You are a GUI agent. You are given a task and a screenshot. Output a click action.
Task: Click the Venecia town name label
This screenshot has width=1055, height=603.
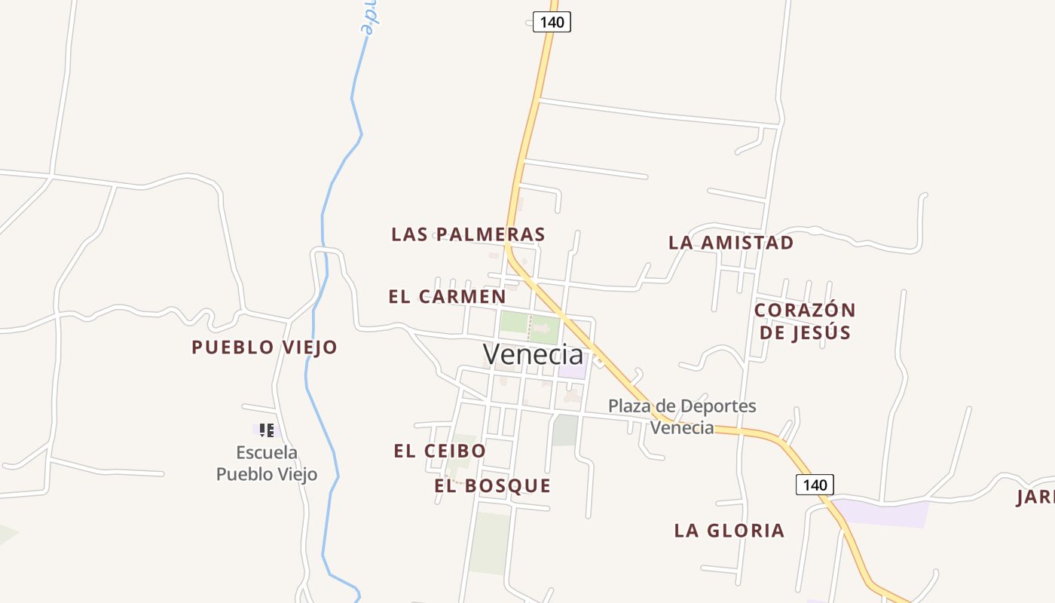pyautogui.click(x=533, y=354)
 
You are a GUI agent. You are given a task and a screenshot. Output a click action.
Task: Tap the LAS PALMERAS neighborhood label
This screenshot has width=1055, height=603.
pyautogui.click(x=468, y=234)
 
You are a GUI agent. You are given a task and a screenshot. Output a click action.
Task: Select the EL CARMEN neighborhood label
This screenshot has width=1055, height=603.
pyautogui.click(x=447, y=297)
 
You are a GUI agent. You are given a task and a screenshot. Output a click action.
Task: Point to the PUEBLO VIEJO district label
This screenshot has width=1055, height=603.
pyautogui.click(x=264, y=347)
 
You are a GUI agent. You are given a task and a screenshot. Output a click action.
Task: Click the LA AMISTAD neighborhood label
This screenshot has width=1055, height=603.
pyautogui.click(x=731, y=243)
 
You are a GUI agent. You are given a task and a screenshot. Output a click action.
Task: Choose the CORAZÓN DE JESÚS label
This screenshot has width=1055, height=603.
pyautogui.click(x=805, y=321)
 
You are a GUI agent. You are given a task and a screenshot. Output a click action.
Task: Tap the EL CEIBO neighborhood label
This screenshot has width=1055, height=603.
pyautogui.click(x=439, y=451)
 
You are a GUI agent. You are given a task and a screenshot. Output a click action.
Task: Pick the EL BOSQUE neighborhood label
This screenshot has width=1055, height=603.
pyautogui.click(x=492, y=486)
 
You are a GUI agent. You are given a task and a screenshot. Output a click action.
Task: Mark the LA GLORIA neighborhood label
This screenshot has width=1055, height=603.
pyautogui.click(x=729, y=531)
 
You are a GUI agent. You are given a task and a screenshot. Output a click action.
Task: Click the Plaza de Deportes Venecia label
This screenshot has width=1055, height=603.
pyautogui.click(x=682, y=417)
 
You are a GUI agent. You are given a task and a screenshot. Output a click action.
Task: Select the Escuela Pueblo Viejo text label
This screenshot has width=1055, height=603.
pyautogui.click(x=267, y=464)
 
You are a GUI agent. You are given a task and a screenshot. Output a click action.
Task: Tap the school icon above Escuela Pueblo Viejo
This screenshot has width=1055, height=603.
pyautogui.click(x=266, y=430)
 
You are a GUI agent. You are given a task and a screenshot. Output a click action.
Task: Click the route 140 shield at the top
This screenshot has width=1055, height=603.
pyautogui.click(x=552, y=22)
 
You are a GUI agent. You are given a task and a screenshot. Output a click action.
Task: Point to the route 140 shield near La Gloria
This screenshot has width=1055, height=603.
pyautogui.click(x=815, y=485)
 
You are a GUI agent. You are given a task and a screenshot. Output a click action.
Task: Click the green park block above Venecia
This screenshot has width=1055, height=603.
pyautogui.click(x=530, y=326)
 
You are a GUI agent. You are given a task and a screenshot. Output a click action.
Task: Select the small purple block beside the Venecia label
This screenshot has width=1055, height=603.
pyautogui.click(x=572, y=369)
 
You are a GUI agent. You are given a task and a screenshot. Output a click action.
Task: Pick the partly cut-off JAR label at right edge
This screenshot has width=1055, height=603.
pyautogui.click(x=1035, y=497)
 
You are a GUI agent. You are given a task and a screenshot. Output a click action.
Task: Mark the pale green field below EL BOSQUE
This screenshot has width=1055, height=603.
pyautogui.click(x=491, y=543)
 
